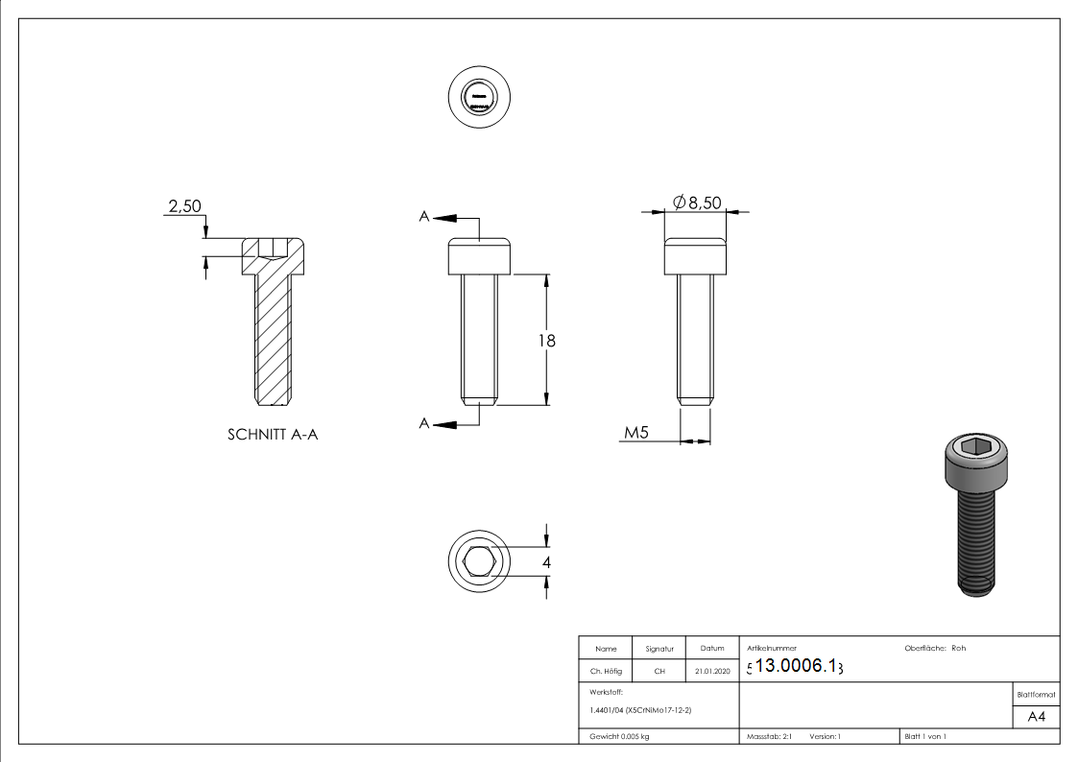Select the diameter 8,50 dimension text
pos(697,202)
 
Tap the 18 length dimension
pos(548,341)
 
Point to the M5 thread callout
pos(637,433)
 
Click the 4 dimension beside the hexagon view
pos(546,562)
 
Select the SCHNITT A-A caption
pos(273,435)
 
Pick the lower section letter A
pos(423,423)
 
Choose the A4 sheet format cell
pos(1037,716)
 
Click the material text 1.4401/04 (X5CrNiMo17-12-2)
pos(640,710)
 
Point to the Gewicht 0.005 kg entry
pos(619,736)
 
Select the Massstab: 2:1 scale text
pos(769,736)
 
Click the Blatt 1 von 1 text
pos(925,736)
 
